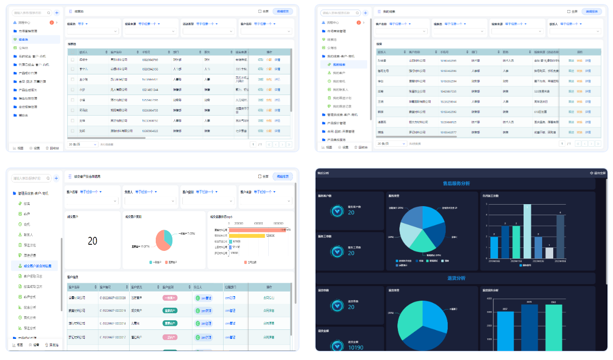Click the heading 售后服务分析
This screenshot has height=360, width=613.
click(x=456, y=184)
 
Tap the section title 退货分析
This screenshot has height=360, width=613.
click(x=456, y=278)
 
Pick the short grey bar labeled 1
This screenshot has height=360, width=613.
click(x=549, y=253)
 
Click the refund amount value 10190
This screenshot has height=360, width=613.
click(x=355, y=347)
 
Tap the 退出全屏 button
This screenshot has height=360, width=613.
click(x=598, y=173)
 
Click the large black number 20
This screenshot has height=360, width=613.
click(x=92, y=241)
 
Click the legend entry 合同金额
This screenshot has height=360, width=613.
click(x=251, y=262)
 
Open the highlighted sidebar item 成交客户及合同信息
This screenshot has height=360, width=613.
click(x=41, y=265)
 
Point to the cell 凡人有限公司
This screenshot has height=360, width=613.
click(x=119, y=89)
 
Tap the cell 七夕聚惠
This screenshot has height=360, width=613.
click(x=241, y=131)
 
